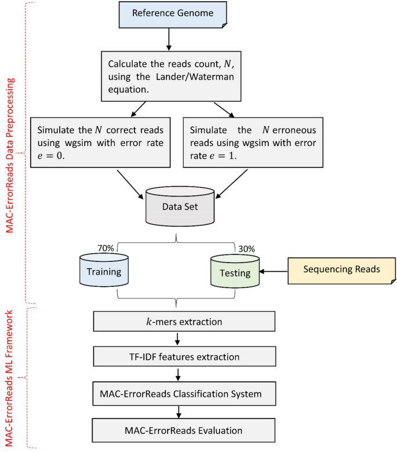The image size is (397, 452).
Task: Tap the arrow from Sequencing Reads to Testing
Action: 274,271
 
